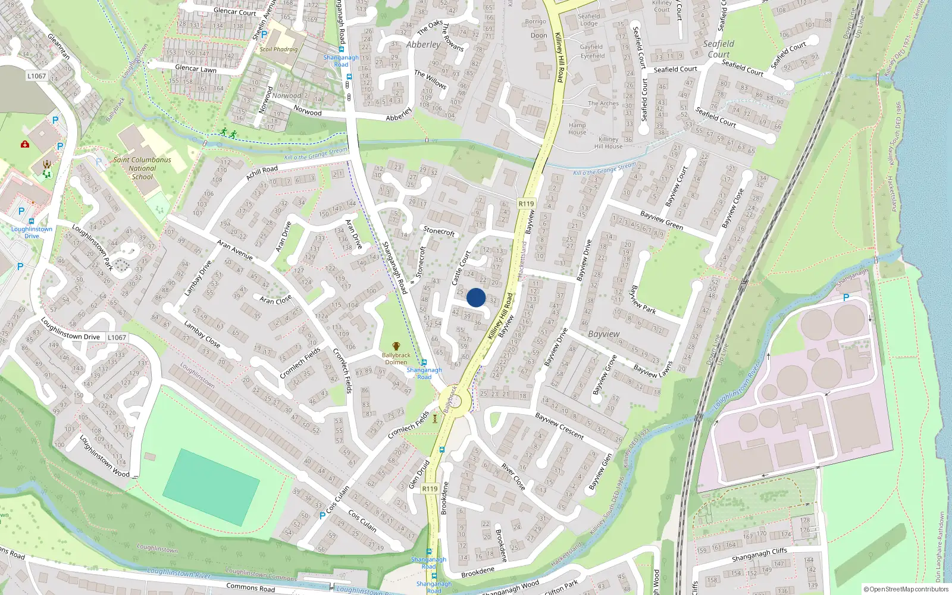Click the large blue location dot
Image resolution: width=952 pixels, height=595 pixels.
tap(476, 297)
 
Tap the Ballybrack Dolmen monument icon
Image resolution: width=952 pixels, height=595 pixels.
tap(396, 346)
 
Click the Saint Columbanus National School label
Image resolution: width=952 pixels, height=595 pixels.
tap(142, 168)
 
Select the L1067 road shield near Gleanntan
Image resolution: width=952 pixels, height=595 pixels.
tap(36, 76)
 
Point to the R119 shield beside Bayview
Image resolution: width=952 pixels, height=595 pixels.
tap(526, 203)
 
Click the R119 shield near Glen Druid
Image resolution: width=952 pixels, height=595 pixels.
tap(430, 488)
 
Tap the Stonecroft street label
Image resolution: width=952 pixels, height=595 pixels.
tap(439, 231)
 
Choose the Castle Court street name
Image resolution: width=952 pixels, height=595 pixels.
tap(461, 267)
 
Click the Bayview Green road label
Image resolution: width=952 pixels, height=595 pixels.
tap(662, 220)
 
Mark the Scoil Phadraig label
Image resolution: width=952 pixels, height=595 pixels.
tap(278, 49)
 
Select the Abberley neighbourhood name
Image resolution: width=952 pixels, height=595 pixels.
tap(424, 45)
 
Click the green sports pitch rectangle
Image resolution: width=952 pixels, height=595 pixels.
tap(211, 487)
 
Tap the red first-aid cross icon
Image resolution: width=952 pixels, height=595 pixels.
tap(25, 144)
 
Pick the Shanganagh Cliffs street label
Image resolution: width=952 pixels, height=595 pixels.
tap(759, 555)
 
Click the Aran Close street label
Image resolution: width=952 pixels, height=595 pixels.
tap(275, 299)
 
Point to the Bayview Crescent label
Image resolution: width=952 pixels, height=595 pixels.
tap(559, 426)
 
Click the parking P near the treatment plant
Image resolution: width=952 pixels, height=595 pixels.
tap(846, 297)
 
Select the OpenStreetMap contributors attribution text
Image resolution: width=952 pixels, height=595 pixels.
tap(907, 589)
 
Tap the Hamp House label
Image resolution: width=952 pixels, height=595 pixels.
tap(577, 129)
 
